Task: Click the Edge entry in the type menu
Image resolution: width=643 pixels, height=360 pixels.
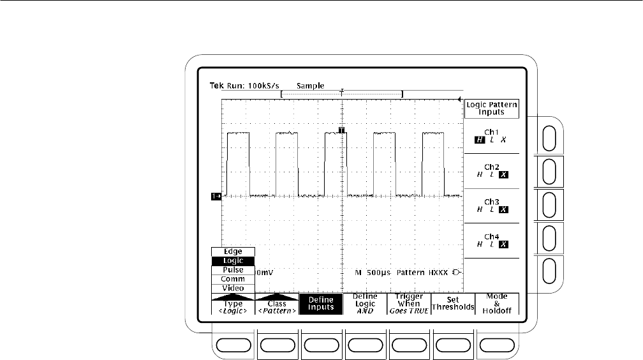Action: (x=233, y=251)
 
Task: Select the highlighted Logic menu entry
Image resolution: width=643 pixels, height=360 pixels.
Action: (x=233, y=260)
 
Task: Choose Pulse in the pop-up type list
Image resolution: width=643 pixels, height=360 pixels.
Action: (x=233, y=270)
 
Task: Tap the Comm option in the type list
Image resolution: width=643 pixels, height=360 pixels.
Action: (x=233, y=279)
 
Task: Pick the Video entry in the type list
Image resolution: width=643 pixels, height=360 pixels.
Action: (x=233, y=288)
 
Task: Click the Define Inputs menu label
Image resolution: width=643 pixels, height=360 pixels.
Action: (x=321, y=303)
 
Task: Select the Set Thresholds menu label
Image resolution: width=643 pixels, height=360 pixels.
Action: (x=453, y=303)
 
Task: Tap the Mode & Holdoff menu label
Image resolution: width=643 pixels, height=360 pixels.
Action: (x=497, y=303)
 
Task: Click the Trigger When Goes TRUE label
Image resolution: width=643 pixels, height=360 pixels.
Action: (x=409, y=303)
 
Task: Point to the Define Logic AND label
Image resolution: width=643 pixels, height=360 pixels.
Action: (x=365, y=303)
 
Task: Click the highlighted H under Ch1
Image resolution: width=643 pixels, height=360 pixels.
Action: (x=480, y=140)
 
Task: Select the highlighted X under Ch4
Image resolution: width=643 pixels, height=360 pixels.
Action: (x=503, y=244)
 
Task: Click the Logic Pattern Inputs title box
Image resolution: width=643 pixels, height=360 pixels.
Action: (x=491, y=109)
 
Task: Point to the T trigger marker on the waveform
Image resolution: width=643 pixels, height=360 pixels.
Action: (x=342, y=130)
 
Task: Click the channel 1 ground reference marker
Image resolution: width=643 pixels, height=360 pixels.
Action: (x=216, y=197)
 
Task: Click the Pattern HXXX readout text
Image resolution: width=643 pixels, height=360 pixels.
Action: (x=422, y=273)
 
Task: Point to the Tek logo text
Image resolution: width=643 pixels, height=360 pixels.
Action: (x=216, y=86)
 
